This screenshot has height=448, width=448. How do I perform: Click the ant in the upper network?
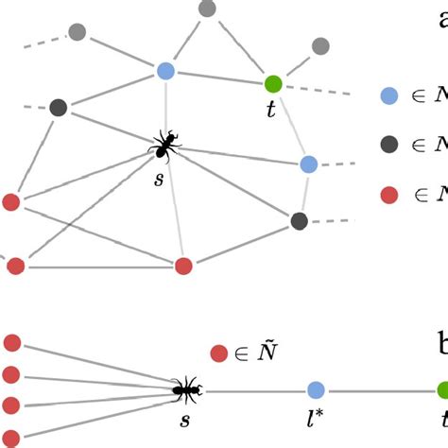(x=167, y=146)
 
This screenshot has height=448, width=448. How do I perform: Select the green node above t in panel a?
(x=273, y=83)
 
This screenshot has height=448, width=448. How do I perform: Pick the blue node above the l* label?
(x=316, y=388)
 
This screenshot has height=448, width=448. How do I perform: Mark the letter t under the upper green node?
(x=271, y=110)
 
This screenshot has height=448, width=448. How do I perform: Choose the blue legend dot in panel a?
(x=388, y=95)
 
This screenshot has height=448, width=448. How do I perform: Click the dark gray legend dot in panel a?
(x=388, y=145)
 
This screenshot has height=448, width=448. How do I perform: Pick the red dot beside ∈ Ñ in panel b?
(x=218, y=353)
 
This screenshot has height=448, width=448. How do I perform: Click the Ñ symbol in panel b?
(x=267, y=353)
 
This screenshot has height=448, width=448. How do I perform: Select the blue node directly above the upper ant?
(x=165, y=70)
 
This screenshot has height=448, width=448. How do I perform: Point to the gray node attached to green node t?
(x=320, y=45)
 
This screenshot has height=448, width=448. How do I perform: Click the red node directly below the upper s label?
(x=184, y=266)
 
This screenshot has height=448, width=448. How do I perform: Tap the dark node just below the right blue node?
(x=300, y=221)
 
